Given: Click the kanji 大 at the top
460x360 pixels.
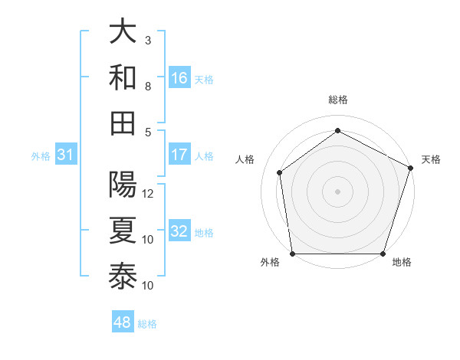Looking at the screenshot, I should point(123,32).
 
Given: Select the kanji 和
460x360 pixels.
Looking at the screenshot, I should point(123,77).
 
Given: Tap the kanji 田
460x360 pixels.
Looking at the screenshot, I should point(123,123).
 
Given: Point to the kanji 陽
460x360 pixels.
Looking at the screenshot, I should point(123,186).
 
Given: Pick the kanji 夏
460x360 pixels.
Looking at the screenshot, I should point(123,231).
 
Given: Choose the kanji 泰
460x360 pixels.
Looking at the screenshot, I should point(123,277).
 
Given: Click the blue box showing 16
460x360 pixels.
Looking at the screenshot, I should point(179,77).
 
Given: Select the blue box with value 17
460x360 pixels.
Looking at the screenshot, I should point(179,155).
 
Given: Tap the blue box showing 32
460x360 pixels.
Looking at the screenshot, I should point(179,231).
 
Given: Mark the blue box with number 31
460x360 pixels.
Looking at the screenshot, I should point(66,155).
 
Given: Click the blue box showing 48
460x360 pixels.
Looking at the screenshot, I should point(123,322).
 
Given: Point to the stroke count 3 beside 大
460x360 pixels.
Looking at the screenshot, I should point(148,40).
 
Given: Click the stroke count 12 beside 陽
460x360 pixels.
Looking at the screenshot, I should point(148,194).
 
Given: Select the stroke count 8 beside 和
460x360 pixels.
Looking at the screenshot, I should point(148,86).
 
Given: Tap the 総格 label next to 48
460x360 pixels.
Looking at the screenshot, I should point(148,324).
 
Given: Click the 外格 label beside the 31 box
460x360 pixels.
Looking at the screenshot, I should point(41,156).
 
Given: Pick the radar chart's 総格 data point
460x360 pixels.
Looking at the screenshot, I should point(337,130).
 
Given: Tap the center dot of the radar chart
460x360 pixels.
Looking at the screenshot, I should point(337,191).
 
